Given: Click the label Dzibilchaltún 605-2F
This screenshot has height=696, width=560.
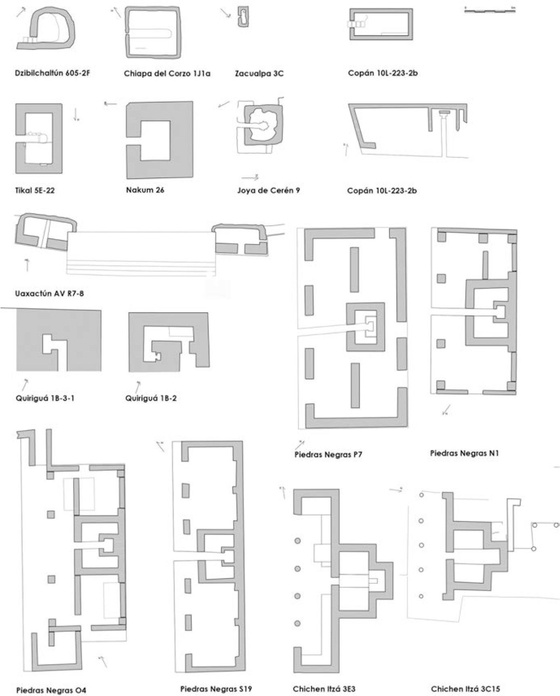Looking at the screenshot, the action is click(x=52, y=74).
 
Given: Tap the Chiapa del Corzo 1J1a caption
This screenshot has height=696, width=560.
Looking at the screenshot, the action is click(x=167, y=74).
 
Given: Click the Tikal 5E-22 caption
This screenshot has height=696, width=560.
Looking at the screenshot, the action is click(x=35, y=190).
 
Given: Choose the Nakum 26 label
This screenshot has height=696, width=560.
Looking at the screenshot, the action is click(x=145, y=190).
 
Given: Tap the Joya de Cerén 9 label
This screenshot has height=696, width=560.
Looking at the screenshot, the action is click(x=268, y=190).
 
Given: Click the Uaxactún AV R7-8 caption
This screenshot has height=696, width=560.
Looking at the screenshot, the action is click(x=49, y=294).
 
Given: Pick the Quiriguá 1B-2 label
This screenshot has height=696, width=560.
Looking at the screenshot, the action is click(x=151, y=398).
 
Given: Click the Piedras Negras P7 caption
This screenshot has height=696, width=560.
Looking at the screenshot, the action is click(x=328, y=454).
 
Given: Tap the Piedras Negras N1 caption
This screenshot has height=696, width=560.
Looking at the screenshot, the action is click(x=464, y=453).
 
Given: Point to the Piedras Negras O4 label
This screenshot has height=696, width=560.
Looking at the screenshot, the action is click(x=51, y=690).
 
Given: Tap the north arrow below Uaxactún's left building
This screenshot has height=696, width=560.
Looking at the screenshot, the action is click(x=27, y=265).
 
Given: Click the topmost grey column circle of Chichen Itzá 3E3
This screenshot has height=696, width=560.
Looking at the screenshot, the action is click(x=298, y=541).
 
